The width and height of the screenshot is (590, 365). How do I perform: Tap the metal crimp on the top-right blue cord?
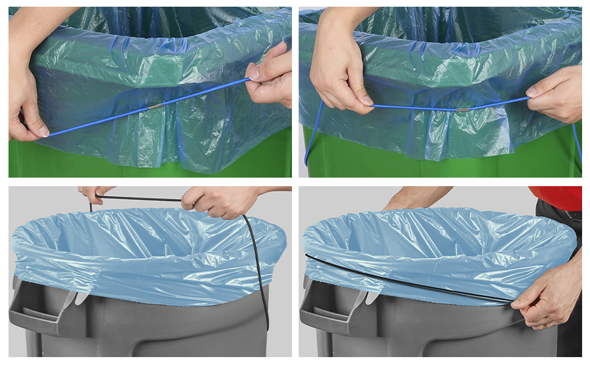point(463,109)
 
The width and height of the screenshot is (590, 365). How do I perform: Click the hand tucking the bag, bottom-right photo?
point(550,298)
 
